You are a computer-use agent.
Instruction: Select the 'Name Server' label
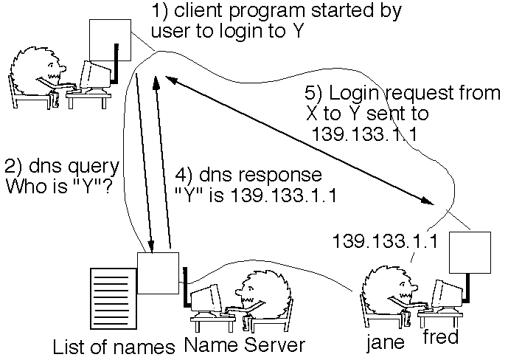[x=243, y=345]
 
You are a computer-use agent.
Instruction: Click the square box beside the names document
[x=157, y=271]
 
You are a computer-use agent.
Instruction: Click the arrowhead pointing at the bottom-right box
[x=428, y=201]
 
